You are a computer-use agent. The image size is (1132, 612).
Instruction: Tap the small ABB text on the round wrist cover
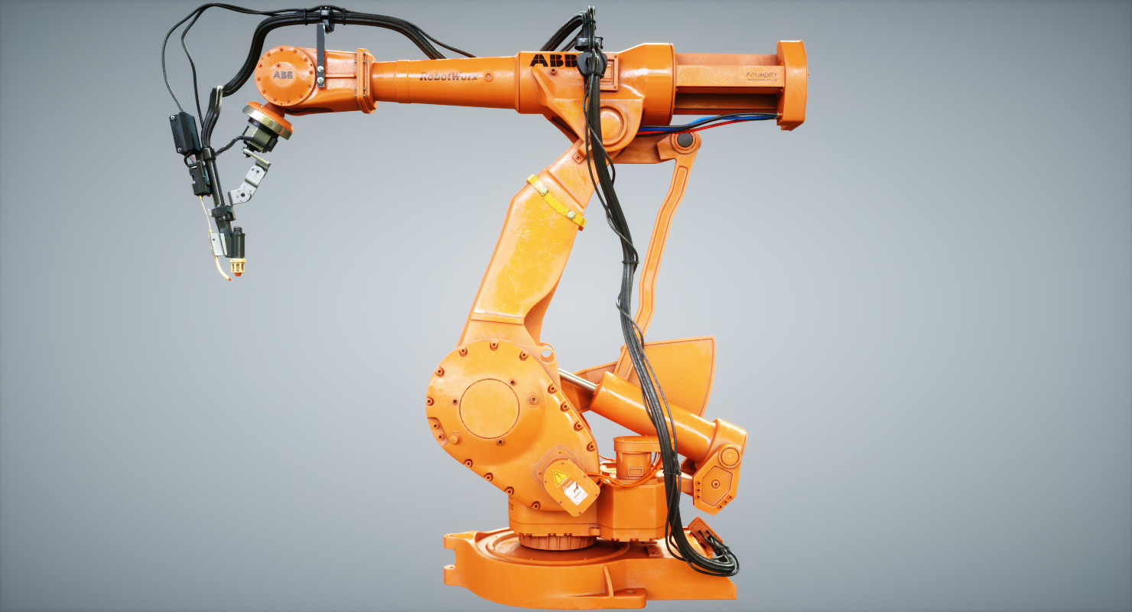click(282, 75)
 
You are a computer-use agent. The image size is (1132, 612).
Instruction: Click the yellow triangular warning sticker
click(558, 480)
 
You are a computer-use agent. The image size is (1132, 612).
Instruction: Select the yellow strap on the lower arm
click(556, 201)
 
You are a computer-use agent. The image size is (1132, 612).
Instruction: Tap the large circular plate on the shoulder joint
click(489, 409)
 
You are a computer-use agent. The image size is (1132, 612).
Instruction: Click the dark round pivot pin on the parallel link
click(685, 141)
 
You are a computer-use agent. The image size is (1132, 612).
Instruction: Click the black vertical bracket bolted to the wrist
click(320, 57)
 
